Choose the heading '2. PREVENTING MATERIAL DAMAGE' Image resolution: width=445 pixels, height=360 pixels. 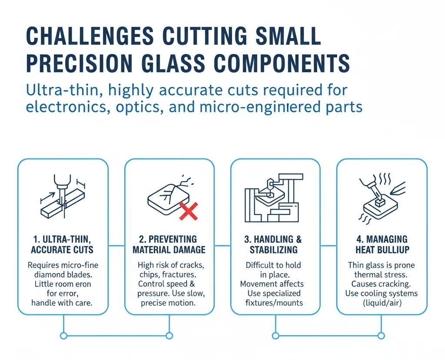169,244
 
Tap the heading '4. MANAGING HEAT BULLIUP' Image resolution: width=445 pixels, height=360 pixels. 381,244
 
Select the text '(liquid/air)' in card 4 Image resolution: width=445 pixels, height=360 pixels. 381,303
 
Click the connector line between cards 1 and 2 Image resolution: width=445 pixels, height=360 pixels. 116,246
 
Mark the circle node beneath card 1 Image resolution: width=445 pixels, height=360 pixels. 64,336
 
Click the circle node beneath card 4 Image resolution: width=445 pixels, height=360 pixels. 381,336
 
